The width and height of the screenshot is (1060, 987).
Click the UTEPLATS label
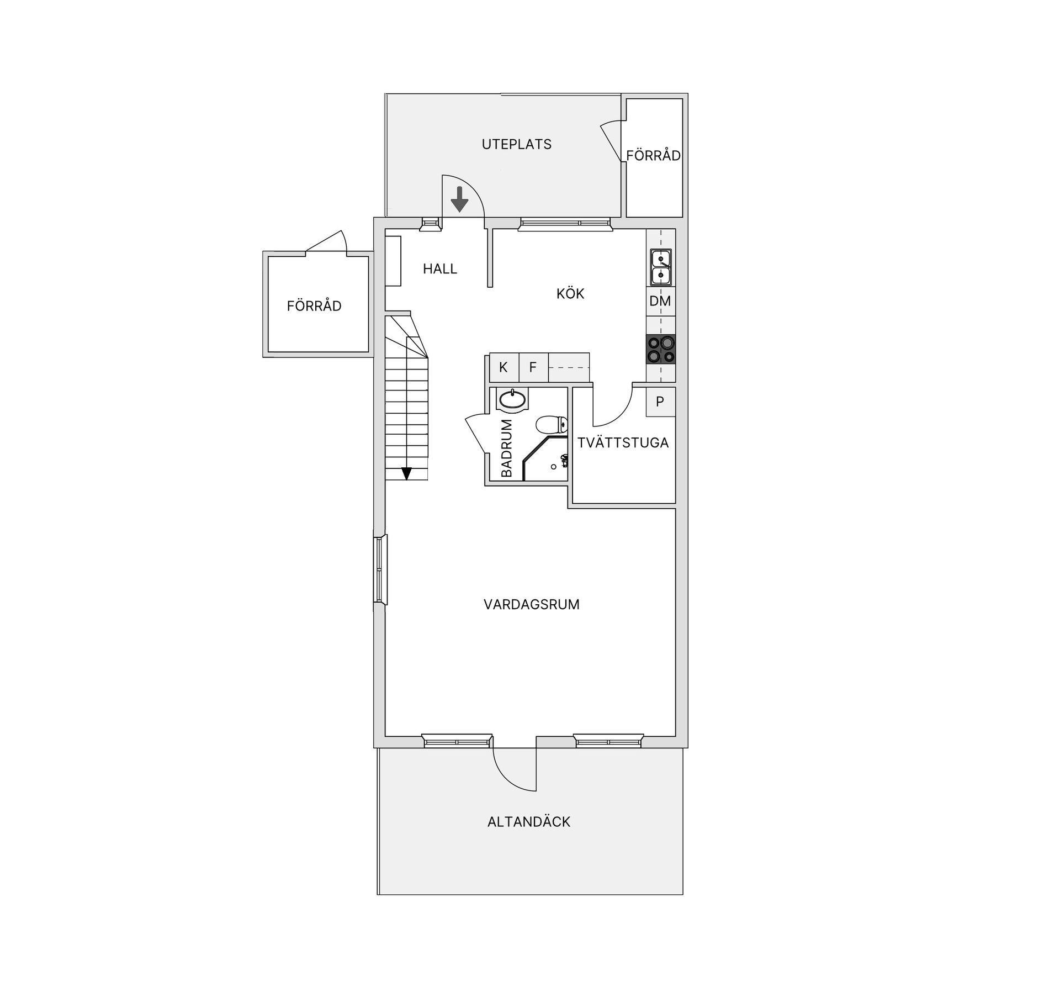[x=516, y=144]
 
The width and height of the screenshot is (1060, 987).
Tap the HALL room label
[x=440, y=269]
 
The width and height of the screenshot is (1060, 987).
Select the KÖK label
[x=570, y=293]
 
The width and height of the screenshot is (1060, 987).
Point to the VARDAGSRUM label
[x=532, y=604]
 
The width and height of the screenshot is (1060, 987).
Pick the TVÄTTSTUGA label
[x=623, y=442]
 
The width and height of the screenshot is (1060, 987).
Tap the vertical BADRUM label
[x=506, y=448]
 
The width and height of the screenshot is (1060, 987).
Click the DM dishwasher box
[x=660, y=301]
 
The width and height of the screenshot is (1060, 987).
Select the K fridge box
[x=504, y=367]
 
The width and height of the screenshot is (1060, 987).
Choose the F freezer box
[x=533, y=367]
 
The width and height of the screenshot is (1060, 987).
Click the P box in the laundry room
[x=660, y=402]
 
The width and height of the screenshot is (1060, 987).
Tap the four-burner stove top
[x=661, y=349]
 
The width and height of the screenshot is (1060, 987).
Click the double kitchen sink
[x=660, y=267]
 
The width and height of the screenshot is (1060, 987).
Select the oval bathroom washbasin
[x=512, y=400]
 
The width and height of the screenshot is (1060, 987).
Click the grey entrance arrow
[x=459, y=199]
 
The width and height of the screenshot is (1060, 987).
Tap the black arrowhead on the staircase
[x=406, y=473]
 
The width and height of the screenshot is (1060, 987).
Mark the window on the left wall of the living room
[x=380, y=569]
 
